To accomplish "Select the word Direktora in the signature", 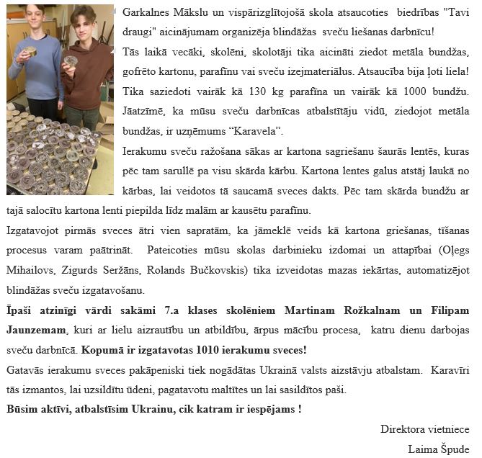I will (x=403, y=429).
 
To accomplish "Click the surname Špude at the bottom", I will (x=454, y=448).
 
